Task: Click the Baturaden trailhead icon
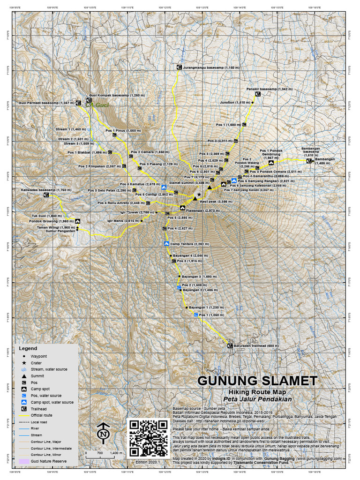coord(230,346)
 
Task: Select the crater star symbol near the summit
coord(199,194)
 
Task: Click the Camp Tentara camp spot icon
coord(166,244)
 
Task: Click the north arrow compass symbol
coord(103,433)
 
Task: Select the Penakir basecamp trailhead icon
coord(258,94)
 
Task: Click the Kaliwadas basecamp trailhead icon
coord(46,195)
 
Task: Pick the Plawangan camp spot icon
coord(182,208)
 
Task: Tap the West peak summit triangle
coord(195,199)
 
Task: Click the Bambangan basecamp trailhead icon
coord(309,161)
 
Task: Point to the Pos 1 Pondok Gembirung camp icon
coord(271,163)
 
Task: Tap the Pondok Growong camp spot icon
coord(77,221)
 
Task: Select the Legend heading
coord(28,348)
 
